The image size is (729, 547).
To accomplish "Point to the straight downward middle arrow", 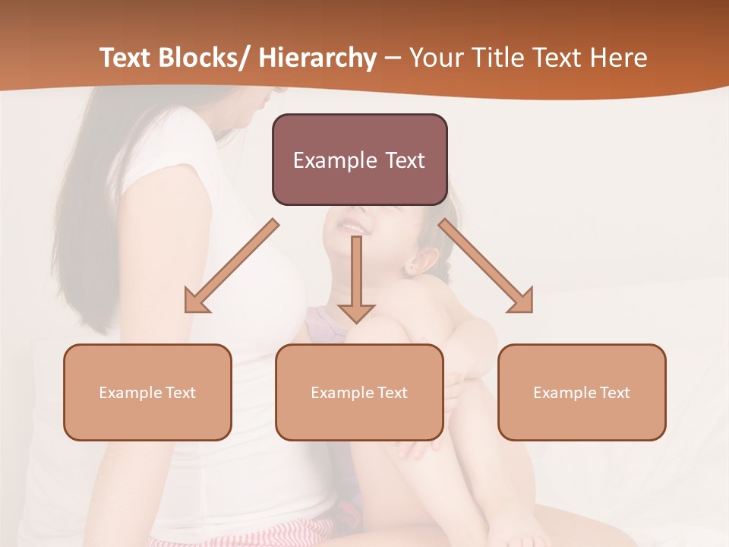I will [356, 281].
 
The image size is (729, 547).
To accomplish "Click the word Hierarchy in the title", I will [317, 58].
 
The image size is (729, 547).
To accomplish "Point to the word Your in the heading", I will [434, 58].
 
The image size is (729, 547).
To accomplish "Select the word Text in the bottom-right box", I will [612, 393].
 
